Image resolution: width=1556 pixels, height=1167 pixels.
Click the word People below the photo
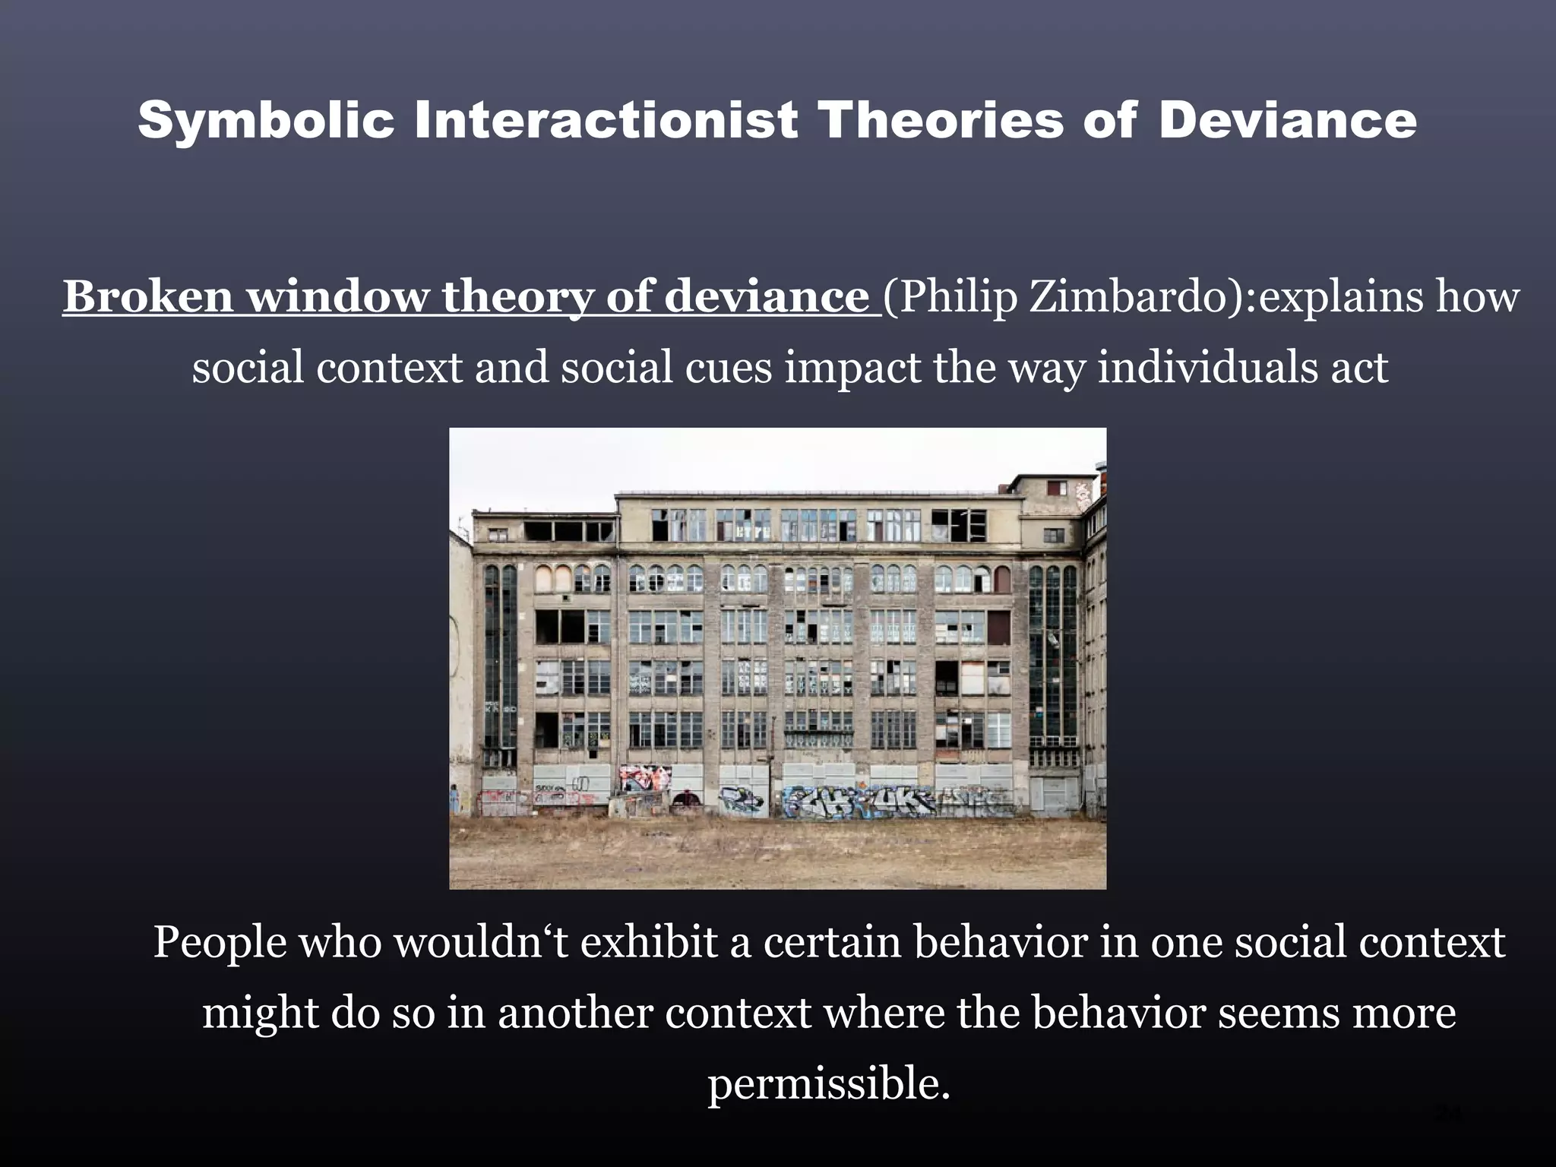pyautogui.click(x=220, y=943)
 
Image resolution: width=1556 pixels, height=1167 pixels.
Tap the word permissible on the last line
pyautogui.click(x=829, y=1084)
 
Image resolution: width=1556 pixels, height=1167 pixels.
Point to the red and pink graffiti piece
pyautogui.click(x=645, y=778)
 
